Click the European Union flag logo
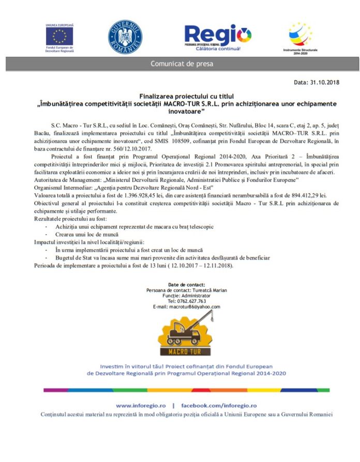click(x=59, y=36)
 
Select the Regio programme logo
click(x=217, y=37)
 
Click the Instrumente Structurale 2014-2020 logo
click(x=300, y=36)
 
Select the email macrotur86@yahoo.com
click(x=194, y=306)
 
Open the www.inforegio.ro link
click(x=141, y=406)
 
